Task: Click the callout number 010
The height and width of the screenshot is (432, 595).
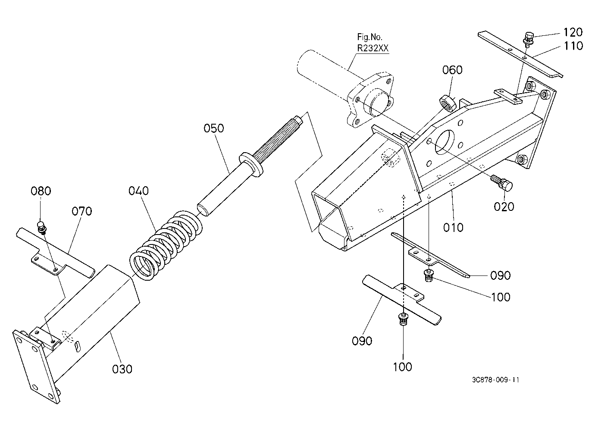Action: point(453,227)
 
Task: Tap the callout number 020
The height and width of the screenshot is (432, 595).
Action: point(504,207)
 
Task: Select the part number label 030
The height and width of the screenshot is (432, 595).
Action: point(122,369)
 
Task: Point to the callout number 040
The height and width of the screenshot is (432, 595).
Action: point(139,191)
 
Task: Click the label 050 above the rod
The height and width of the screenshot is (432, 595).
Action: point(214,128)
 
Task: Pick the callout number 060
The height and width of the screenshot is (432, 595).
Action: point(452,70)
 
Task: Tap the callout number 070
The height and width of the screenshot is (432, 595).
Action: point(82,211)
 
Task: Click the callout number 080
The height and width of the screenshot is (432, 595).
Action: point(41,191)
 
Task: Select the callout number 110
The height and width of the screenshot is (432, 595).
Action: point(573,46)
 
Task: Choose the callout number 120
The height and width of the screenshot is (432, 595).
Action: point(573,32)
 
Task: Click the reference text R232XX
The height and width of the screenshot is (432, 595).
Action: point(373,48)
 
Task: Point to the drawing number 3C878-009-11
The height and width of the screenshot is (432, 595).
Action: point(495,380)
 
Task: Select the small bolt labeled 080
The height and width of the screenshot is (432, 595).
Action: point(41,228)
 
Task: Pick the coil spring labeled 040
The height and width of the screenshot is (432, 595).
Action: point(166,245)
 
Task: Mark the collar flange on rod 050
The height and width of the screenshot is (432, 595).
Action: point(251,164)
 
